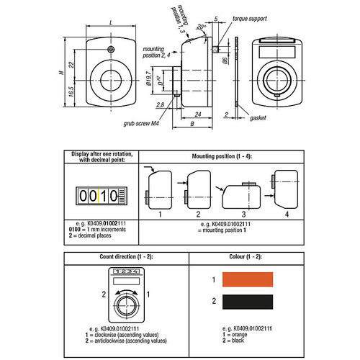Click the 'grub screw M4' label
142,122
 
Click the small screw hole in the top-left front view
110,50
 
